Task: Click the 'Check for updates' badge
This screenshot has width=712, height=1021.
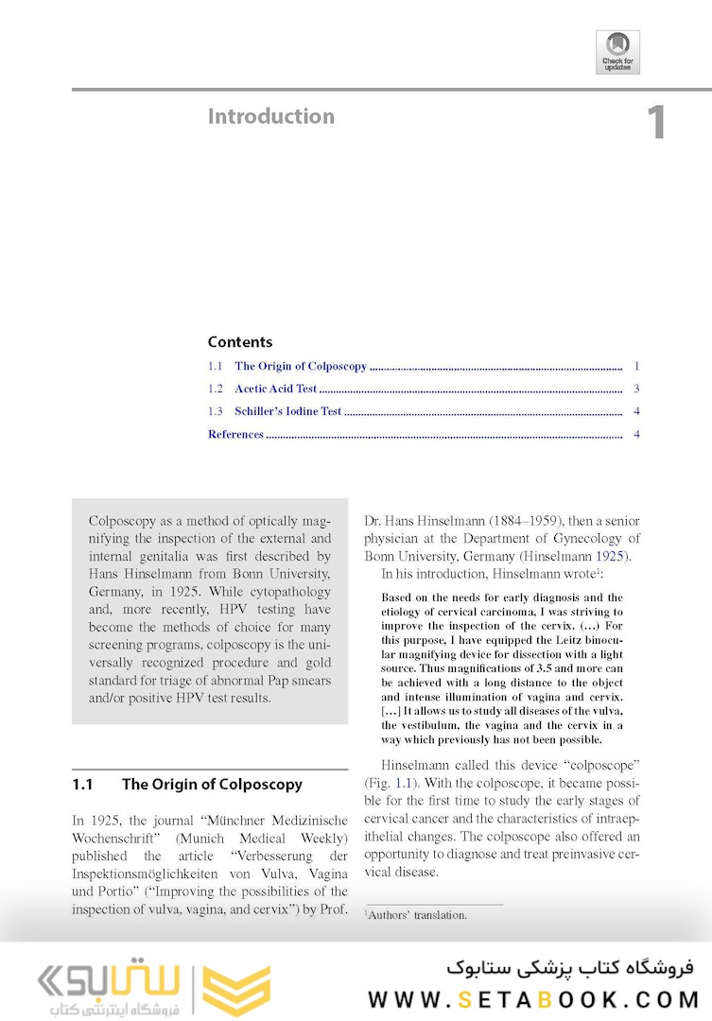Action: (x=617, y=52)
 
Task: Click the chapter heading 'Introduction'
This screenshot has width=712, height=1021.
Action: (x=271, y=116)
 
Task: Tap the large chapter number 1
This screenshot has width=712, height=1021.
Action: (x=656, y=124)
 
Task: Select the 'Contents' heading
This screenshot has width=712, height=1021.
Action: (x=240, y=342)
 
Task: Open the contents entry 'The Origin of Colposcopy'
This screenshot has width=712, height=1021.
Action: (x=301, y=366)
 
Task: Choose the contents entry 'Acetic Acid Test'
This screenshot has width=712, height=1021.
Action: (x=276, y=389)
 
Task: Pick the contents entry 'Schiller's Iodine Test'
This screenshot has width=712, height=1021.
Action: (x=288, y=411)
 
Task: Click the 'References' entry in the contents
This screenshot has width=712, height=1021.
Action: (x=235, y=434)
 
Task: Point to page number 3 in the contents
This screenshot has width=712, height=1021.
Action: (x=637, y=389)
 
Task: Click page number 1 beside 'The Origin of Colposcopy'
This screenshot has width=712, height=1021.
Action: (x=637, y=366)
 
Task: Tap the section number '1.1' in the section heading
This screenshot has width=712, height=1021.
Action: (x=82, y=785)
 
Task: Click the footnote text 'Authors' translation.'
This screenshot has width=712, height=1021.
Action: (x=416, y=914)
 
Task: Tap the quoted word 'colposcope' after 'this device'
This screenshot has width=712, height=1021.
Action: (x=601, y=765)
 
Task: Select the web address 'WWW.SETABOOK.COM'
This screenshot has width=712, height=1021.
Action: (x=533, y=999)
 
